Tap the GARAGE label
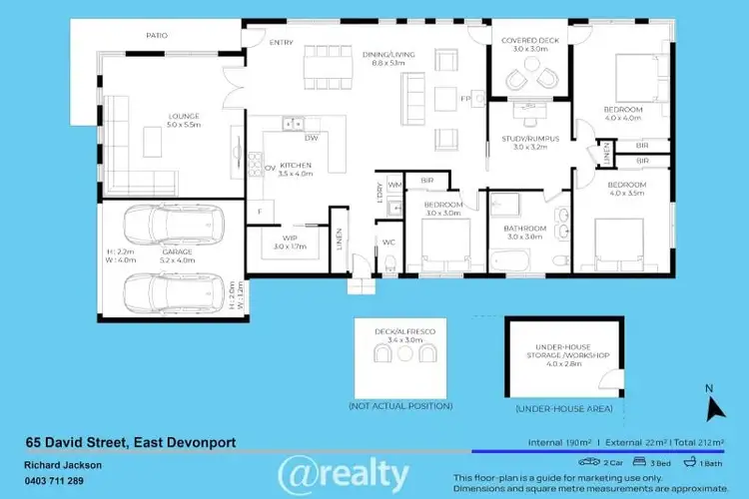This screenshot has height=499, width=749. [x=177, y=251]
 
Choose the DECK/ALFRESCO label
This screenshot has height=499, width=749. [x=403, y=328]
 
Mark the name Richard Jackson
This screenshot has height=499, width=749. [x=62, y=465]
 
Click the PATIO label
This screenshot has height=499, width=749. [x=156, y=35]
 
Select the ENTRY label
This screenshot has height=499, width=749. [x=282, y=42]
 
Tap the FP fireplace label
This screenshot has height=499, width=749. [x=464, y=99]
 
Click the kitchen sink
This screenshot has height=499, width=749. [x=292, y=124]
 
